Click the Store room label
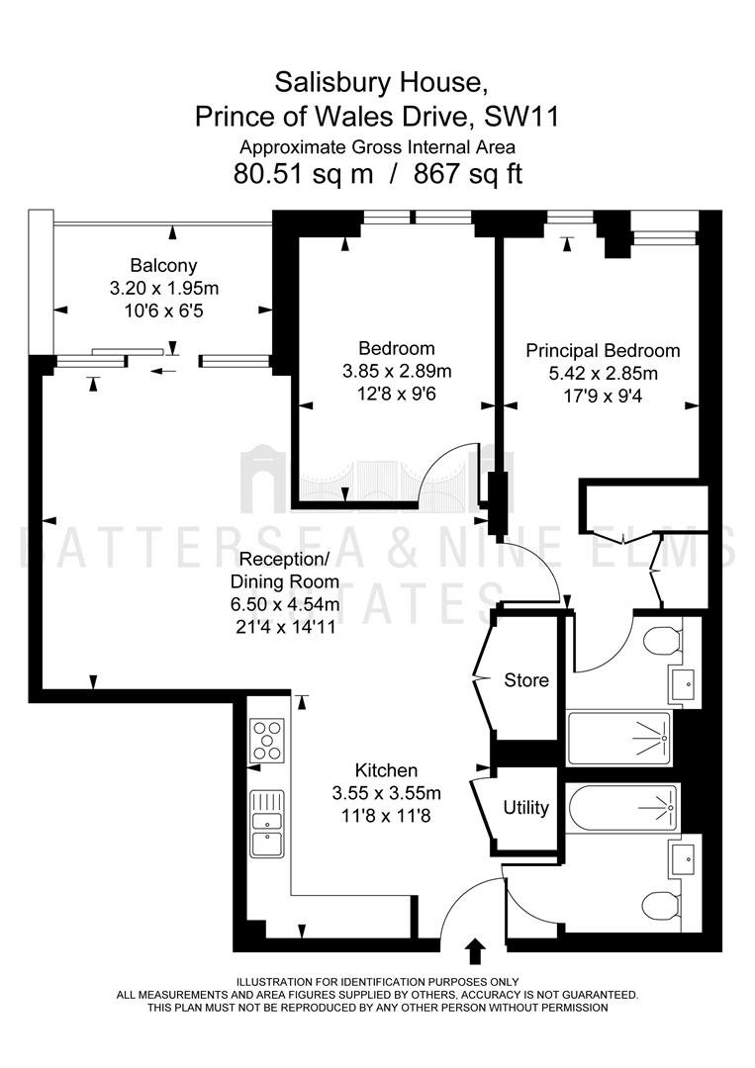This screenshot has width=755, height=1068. point(526,679)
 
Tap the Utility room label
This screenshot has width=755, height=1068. point(525,808)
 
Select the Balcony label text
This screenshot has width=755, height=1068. point(163,266)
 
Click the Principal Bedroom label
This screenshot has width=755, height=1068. point(603,351)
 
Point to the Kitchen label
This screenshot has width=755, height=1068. point(386,770)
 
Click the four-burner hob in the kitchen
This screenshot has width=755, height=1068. point(267,741)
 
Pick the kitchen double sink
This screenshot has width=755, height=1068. point(267,824)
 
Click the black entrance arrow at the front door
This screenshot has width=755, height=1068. point(475,951)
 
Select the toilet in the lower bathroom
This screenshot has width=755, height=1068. point(662,907)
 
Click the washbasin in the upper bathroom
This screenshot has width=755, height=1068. point(684,684)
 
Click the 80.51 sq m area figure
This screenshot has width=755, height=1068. point(303,174)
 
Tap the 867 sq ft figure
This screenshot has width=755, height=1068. point(468,174)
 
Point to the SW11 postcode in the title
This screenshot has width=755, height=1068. point(521,117)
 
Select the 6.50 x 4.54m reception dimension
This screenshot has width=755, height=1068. point(285,604)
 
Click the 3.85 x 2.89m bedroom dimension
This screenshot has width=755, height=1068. point(397,371)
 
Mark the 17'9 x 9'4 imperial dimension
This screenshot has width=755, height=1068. point(603,396)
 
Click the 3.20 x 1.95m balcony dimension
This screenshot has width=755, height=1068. point(164,289)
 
